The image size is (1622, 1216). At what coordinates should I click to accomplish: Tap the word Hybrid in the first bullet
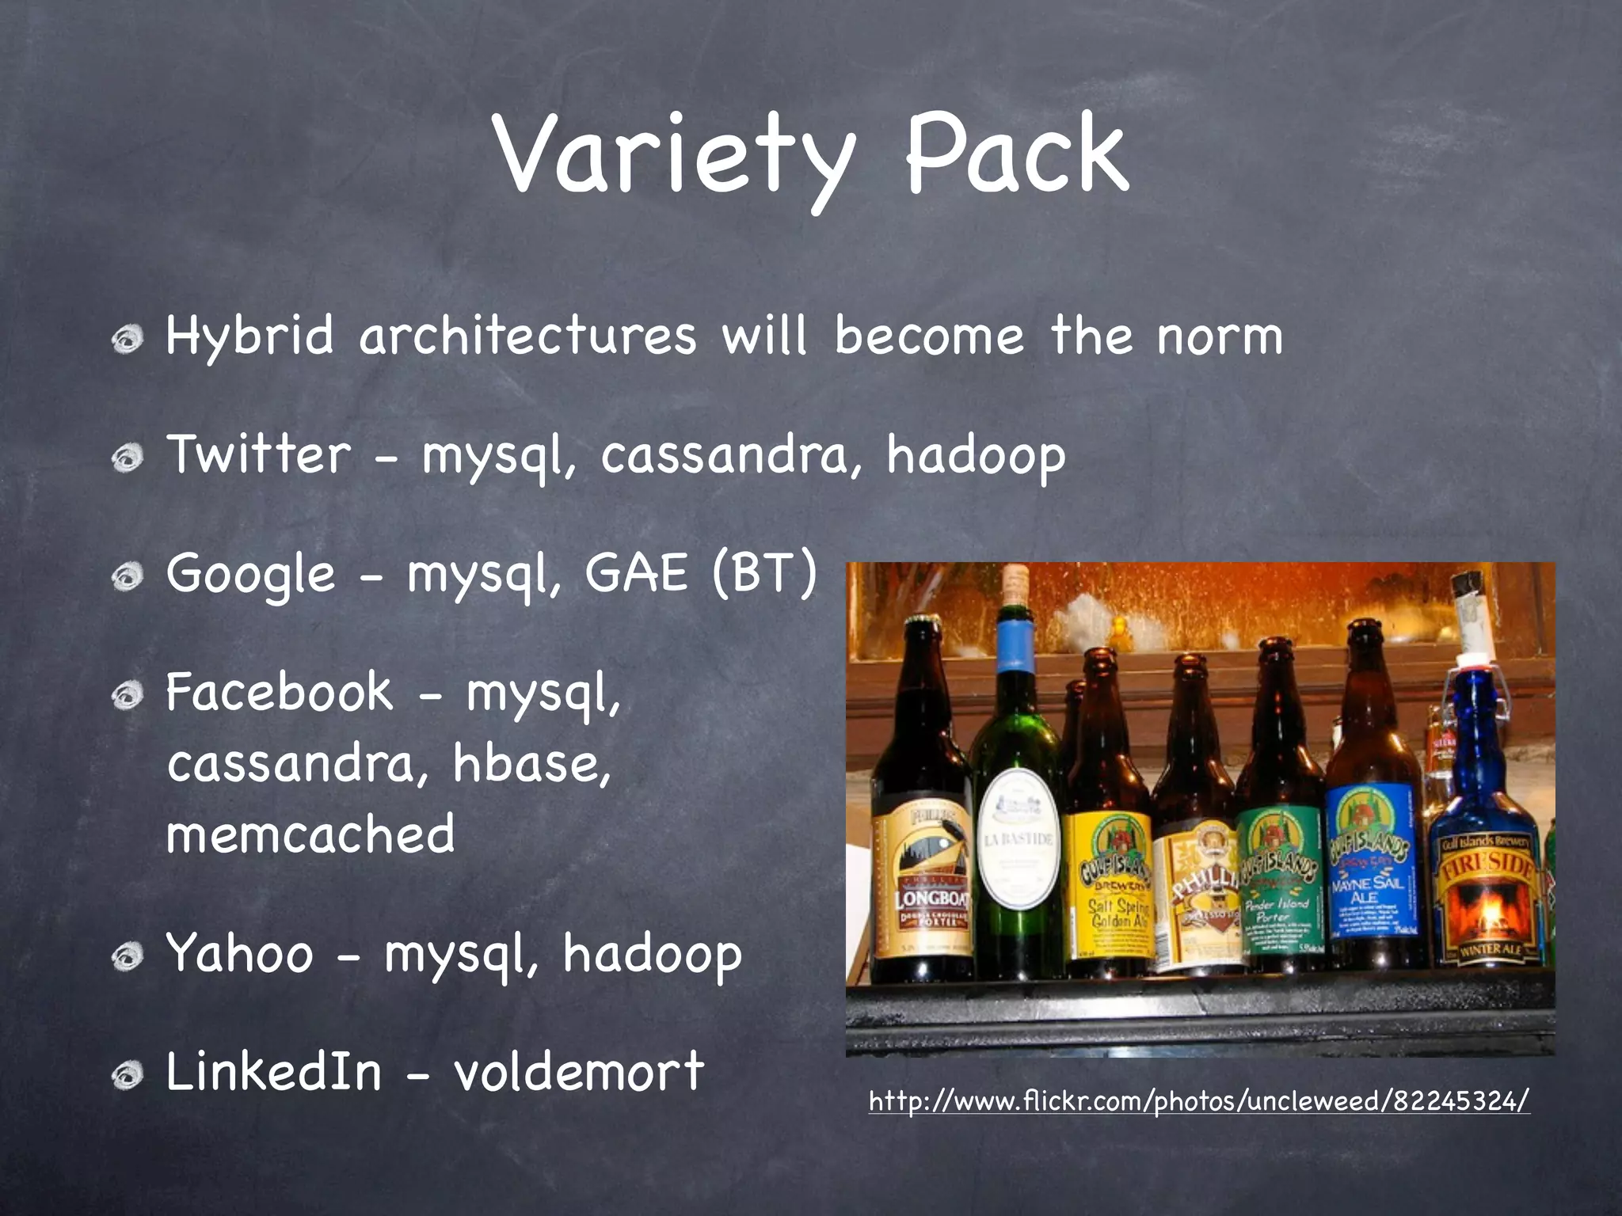[250, 336]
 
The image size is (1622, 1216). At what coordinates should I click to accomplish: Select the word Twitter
[258, 454]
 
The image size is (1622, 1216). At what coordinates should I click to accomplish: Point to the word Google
[251, 575]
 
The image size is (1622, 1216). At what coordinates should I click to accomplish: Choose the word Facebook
[279, 692]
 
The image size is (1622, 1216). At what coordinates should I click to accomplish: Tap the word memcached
[310, 834]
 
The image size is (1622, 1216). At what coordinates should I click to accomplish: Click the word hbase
[531, 763]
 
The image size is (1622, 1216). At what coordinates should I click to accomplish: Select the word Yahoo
[239, 953]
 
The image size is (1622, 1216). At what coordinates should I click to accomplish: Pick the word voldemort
[578, 1071]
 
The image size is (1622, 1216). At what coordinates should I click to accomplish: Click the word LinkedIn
[273, 1071]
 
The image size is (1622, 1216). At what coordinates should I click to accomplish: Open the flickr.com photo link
[1198, 1101]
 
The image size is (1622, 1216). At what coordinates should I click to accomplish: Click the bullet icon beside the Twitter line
[127, 458]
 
